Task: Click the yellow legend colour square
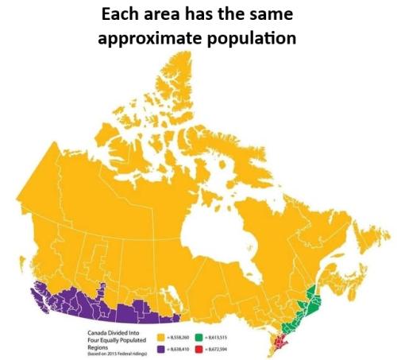tap(161, 338)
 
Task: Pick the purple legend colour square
tap(161, 348)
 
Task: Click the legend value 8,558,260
tap(179, 338)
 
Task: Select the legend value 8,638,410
tap(179, 348)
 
